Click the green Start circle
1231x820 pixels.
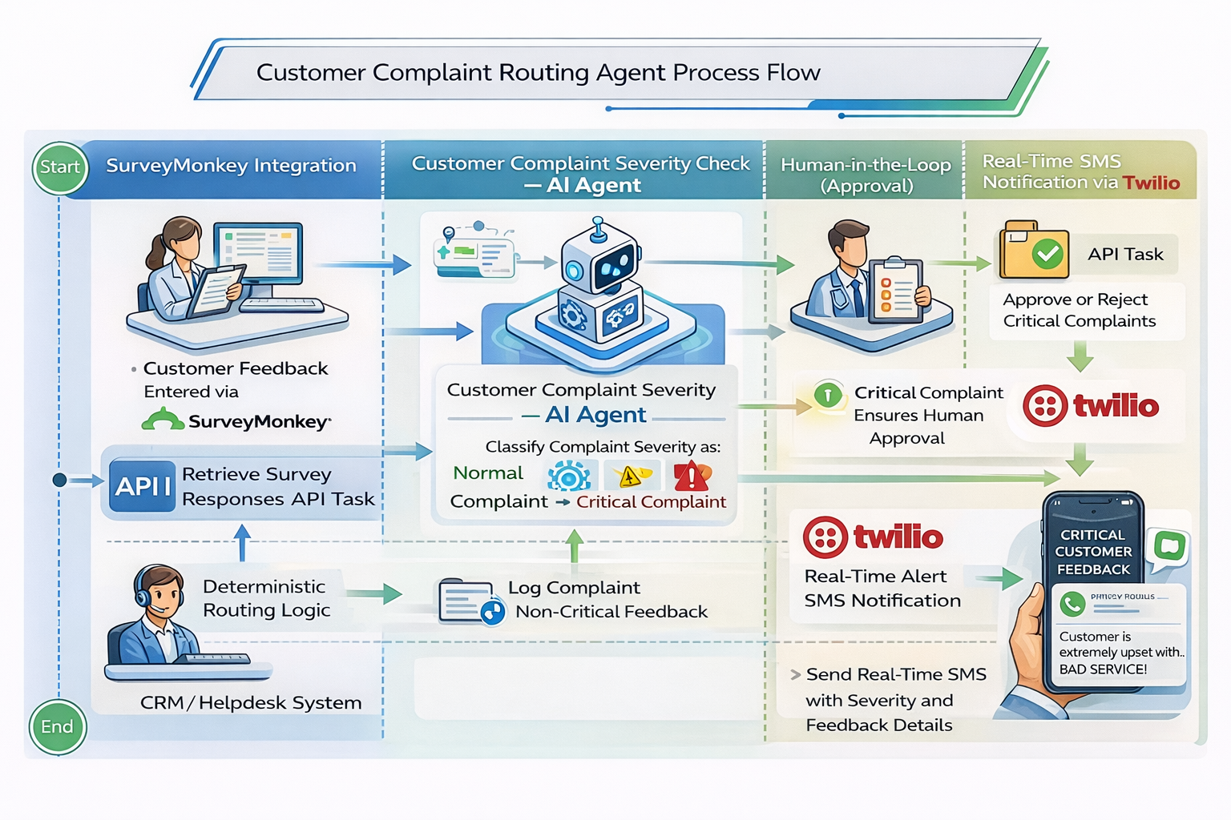click(60, 167)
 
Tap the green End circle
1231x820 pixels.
click(57, 726)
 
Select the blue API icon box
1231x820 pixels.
click(143, 486)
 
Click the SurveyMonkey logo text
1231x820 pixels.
click(259, 421)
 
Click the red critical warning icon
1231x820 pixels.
click(691, 476)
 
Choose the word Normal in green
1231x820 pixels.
click(487, 473)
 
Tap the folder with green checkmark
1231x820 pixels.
click(1034, 251)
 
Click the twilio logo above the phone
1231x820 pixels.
click(1091, 406)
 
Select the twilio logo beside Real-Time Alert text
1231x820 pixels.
click(874, 537)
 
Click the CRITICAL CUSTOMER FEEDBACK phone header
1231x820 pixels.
click(1093, 552)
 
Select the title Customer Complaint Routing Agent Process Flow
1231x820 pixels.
click(538, 73)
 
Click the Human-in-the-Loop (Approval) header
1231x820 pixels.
click(866, 175)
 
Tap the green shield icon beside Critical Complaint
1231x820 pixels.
click(827, 394)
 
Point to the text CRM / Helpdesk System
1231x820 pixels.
click(251, 703)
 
